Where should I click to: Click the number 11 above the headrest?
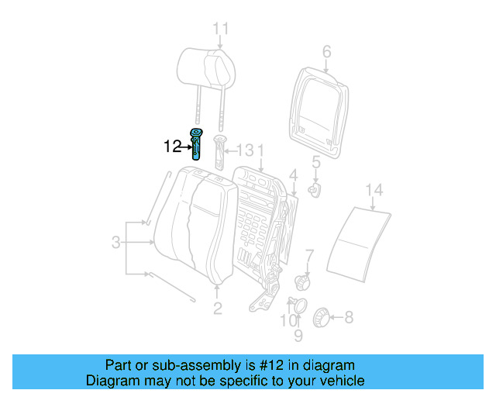coord(222,29)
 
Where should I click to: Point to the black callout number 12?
coord(172,145)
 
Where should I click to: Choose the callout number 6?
coord(326,52)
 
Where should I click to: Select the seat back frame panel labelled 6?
coord(319,109)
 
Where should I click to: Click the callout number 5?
coord(315,162)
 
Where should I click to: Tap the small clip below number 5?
coord(315,188)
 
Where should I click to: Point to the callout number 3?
coord(115,243)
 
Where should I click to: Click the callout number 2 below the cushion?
coord(217,309)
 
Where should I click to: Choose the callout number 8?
coord(348,316)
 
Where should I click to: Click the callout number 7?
coord(309,254)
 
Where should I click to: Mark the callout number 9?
coord(298,336)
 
